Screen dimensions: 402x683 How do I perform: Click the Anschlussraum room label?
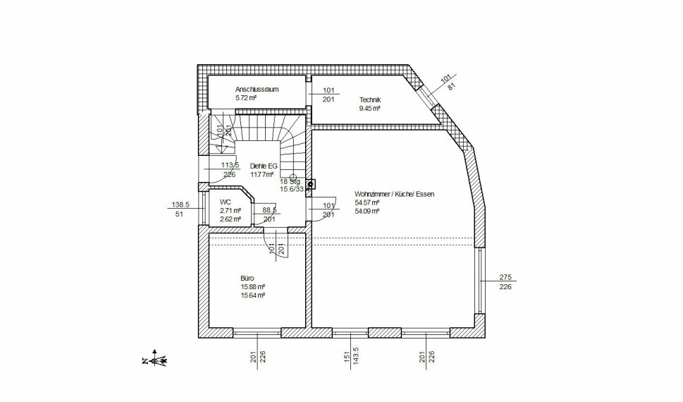coord(257,90)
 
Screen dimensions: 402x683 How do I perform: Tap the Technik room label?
coord(369,100)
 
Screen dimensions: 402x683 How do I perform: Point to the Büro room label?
coord(247,278)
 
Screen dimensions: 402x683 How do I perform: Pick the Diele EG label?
coord(264,166)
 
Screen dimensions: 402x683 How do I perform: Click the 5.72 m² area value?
coord(245,99)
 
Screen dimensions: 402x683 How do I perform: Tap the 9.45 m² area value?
coord(369,109)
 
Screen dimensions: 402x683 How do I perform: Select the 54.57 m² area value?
coord(367,202)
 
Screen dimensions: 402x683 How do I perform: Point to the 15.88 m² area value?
coord(252,287)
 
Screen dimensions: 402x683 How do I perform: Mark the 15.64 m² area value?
coord(252,296)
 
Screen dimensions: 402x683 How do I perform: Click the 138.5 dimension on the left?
coord(181,205)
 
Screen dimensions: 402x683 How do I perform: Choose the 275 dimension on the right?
coord(505,277)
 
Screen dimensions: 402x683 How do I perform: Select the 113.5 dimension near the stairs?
coord(230,166)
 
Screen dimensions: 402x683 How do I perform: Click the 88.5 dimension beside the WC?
coord(269,210)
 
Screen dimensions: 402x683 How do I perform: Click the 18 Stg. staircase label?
coord(290,181)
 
